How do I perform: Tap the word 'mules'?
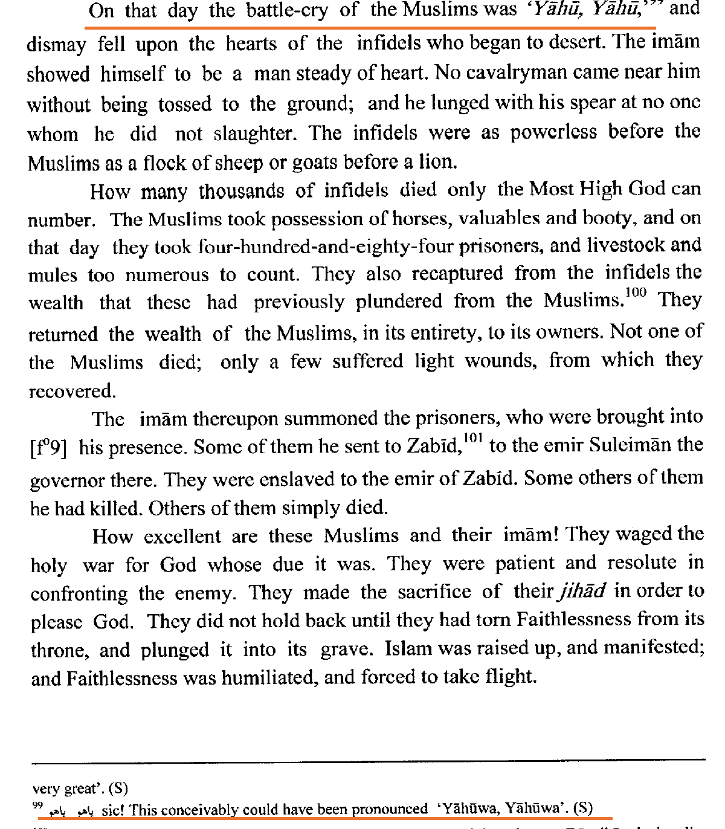click(x=53, y=276)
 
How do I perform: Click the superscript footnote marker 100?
click(x=636, y=293)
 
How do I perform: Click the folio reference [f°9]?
click(x=48, y=448)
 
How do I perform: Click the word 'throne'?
click(x=59, y=650)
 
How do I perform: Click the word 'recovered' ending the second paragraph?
click(x=71, y=392)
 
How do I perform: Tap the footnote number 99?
click(x=37, y=806)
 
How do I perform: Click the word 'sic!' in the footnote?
click(x=113, y=810)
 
